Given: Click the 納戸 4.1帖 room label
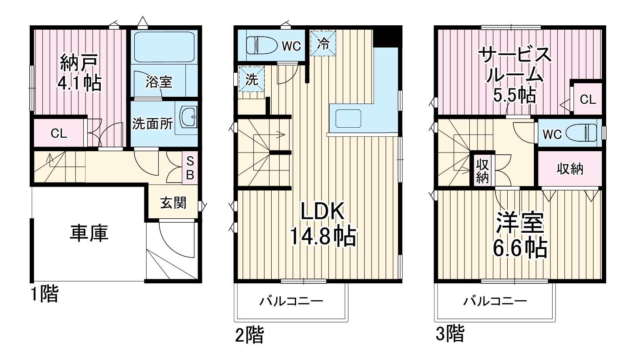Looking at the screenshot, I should [x=80, y=72].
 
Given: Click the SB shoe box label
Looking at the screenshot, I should [x=191, y=167].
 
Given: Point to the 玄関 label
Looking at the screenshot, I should [x=173, y=203].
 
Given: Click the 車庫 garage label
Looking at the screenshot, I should [x=89, y=234].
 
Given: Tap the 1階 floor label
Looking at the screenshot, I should [x=44, y=295].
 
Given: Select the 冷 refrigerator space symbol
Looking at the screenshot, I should [x=323, y=43].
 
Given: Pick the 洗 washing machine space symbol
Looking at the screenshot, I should [x=252, y=79].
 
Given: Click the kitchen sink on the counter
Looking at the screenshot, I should [x=348, y=118].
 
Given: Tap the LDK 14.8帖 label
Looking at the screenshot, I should [x=323, y=224].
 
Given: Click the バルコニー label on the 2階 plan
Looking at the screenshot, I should [x=291, y=301].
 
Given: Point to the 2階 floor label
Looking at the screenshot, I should [x=249, y=336].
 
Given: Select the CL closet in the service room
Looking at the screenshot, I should [x=587, y=99].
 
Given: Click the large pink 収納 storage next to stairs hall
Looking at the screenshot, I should [x=570, y=169].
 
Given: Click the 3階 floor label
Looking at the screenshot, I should [x=450, y=334].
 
